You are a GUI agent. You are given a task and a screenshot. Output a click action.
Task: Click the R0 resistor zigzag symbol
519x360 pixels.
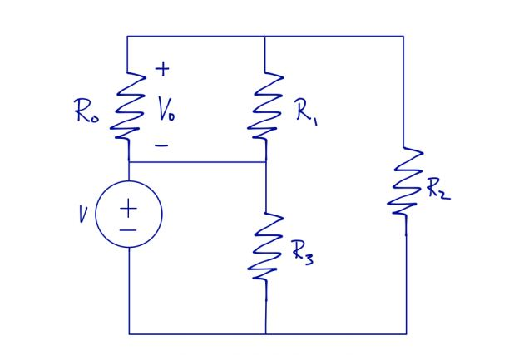pos(128,106)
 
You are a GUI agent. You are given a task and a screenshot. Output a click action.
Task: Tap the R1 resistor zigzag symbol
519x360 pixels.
pos(265,106)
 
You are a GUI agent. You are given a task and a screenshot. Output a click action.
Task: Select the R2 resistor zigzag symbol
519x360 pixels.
pos(404,183)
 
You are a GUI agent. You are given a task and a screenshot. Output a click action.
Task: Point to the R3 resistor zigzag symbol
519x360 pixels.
pos(265,247)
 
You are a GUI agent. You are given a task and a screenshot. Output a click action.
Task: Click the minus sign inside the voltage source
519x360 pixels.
pos(129,227)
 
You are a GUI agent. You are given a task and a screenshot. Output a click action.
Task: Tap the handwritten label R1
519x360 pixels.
pos(304,112)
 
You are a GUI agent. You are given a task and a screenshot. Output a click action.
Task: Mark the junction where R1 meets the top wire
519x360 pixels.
pos(265,37)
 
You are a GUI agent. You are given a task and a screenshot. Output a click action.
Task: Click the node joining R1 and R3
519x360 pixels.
pos(265,162)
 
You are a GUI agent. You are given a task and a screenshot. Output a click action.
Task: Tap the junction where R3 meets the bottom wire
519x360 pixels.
pos(265,333)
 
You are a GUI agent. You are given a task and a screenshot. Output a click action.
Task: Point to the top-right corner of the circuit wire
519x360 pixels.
pos(404,37)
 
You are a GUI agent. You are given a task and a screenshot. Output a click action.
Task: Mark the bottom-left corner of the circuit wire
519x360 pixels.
pos(129,333)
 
